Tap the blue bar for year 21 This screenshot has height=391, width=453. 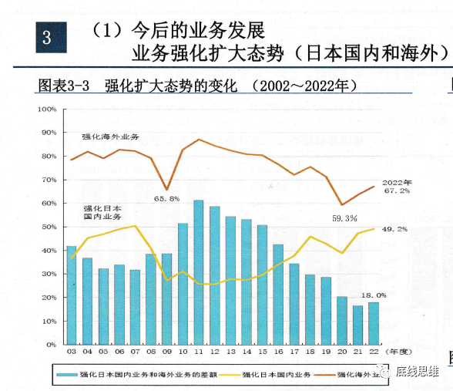pyautogui.click(x=357, y=325)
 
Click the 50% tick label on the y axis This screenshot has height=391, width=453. pyautogui.click(x=49, y=227)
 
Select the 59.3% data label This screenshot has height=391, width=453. pyautogui.click(x=344, y=218)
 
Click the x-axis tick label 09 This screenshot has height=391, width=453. pyautogui.click(x=166, y=352)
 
